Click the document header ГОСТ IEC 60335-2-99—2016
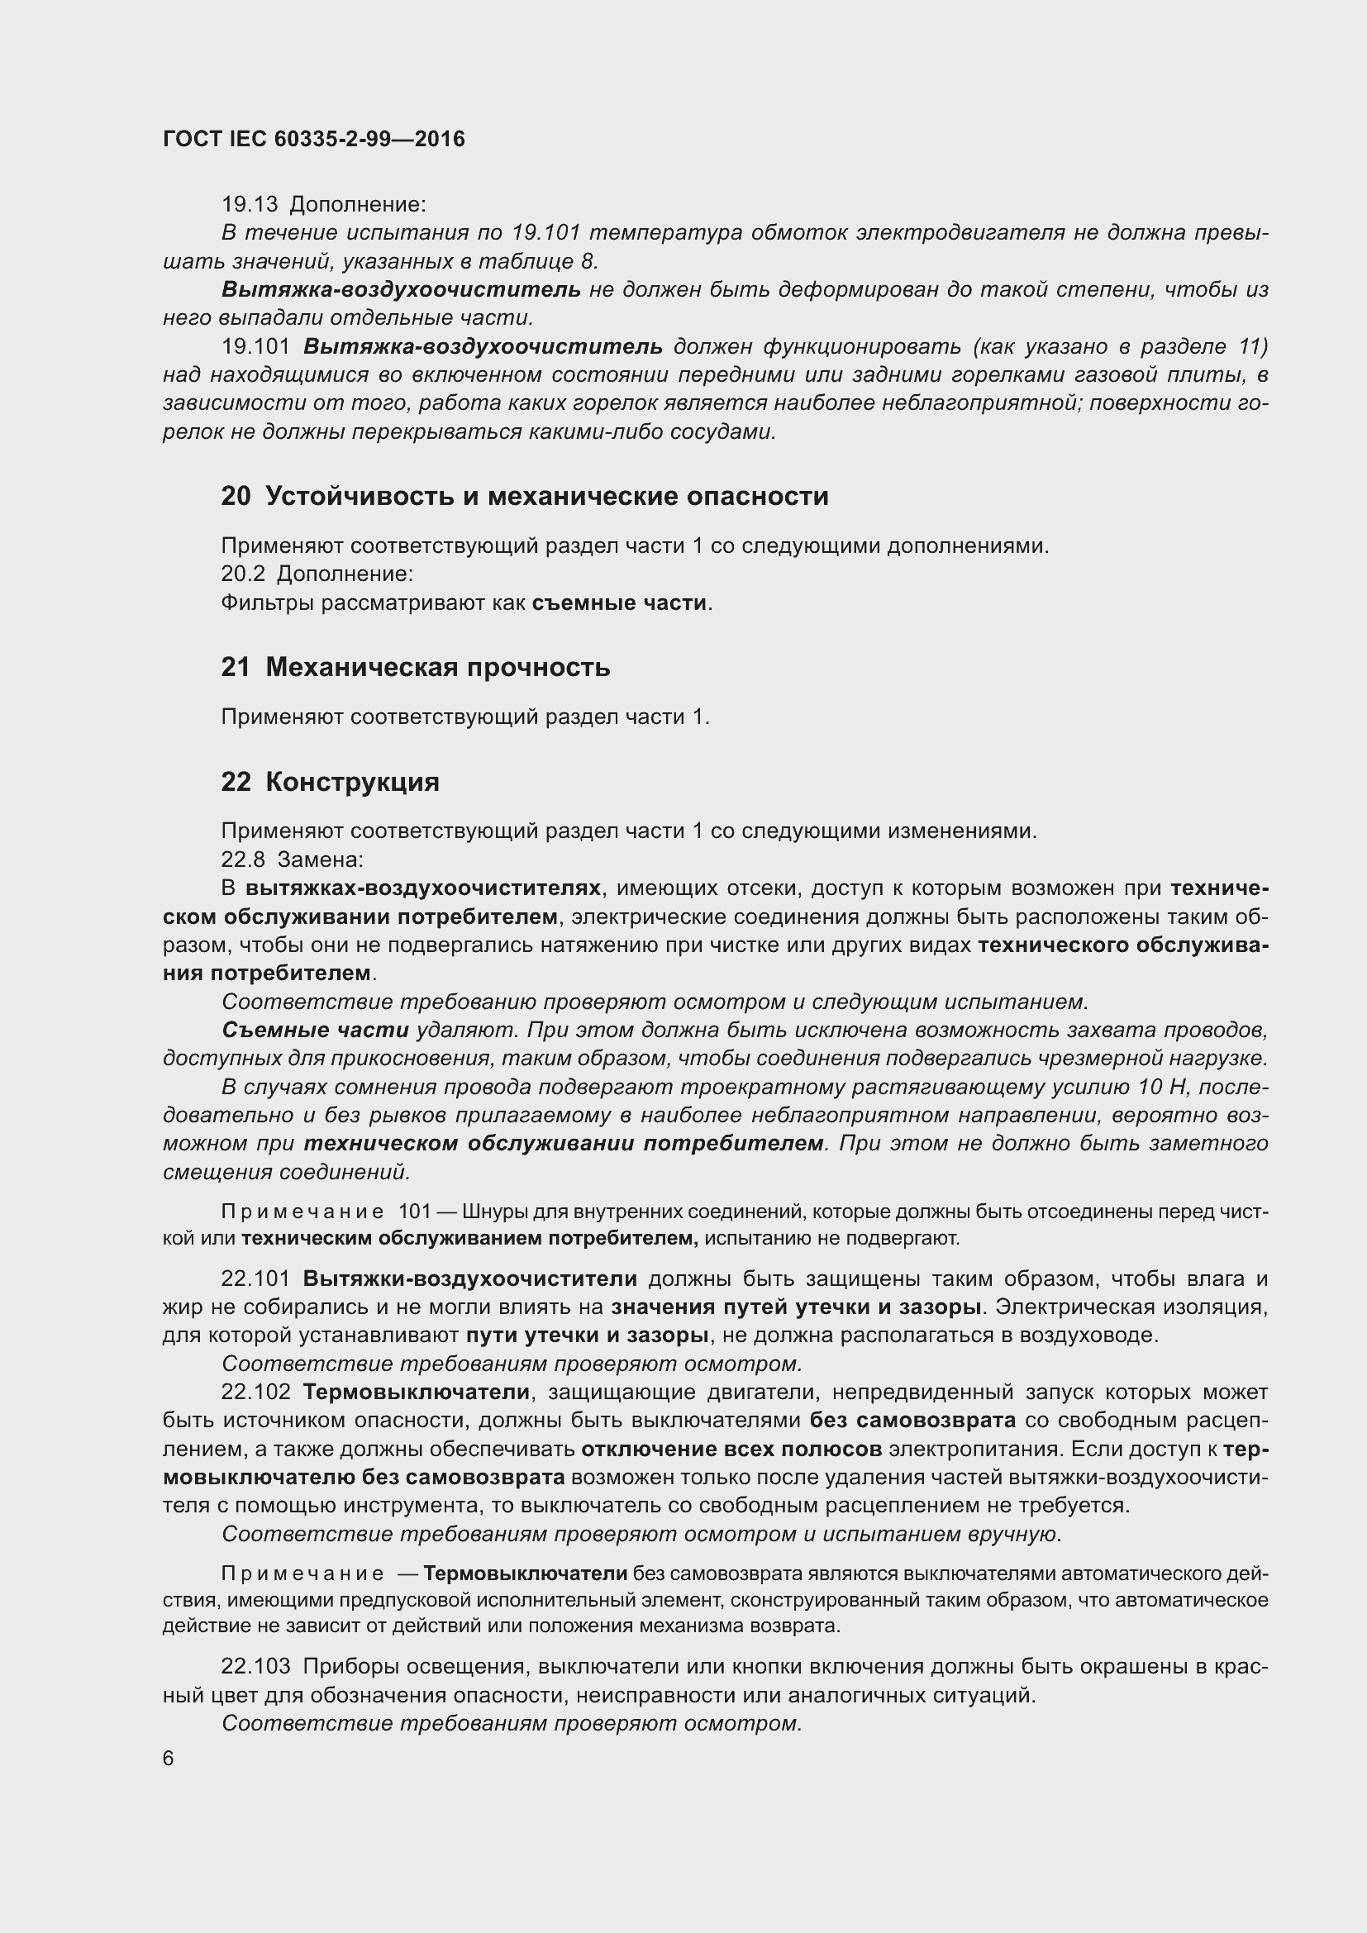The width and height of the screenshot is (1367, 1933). click(x=313, y=140)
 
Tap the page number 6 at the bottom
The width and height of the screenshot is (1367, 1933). click(x=169, y=1759)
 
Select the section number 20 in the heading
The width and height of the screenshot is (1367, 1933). click(x=236, y=497)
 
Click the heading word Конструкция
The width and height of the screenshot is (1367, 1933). click(x=353, y=782)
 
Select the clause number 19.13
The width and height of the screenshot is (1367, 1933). click(x=249, y=205)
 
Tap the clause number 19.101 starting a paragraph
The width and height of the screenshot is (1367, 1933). click(x=255, y=347)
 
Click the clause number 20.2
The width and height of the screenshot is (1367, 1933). click(x=242, y=574)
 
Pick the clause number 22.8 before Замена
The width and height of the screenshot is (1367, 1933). click(x=242, y=859)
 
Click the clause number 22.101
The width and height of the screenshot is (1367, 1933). click(x=255, y=1278)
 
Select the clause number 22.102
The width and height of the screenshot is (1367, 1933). click(x=255, y=1393)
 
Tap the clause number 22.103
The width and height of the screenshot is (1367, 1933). click(x=255, y=1666)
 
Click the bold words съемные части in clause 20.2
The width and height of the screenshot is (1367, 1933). click(x=619, y=602)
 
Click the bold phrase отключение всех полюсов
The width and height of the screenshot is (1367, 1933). click(x=731, y=1449)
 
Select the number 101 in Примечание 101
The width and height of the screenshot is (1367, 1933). click(x=414, y=1212)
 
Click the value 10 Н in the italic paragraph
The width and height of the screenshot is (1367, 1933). click(x=1160, y=1087)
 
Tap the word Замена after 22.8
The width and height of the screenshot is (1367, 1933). click(x=320, y=859)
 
